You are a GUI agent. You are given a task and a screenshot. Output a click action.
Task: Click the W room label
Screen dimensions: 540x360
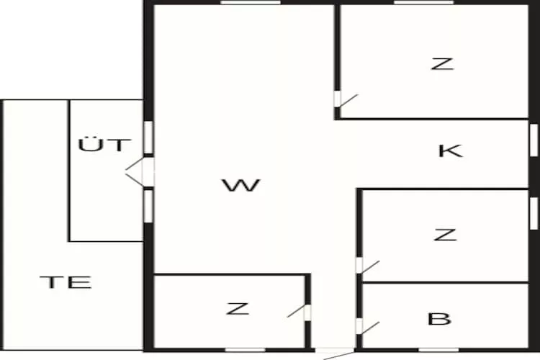240,185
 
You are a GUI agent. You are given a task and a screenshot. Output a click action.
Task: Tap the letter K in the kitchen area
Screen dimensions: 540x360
451,151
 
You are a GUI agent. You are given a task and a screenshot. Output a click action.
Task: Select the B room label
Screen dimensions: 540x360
439,319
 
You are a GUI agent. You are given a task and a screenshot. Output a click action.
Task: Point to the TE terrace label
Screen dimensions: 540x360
66,282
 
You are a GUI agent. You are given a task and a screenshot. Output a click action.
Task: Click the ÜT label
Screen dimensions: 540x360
104,145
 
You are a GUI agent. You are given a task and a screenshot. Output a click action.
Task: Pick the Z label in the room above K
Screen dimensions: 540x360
443,64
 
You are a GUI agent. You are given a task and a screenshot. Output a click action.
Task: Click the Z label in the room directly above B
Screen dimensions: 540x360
445,235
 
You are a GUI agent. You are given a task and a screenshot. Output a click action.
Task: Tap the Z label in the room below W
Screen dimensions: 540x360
238,308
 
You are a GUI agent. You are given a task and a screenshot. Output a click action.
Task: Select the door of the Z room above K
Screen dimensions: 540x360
346,99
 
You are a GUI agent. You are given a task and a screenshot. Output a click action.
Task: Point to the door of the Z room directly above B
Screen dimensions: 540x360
368,266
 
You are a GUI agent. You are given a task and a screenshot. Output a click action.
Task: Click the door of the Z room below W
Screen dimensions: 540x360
299,312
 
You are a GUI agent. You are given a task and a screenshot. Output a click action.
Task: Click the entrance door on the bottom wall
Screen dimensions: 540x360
335,354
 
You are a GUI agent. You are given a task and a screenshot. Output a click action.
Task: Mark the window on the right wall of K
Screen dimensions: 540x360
534,140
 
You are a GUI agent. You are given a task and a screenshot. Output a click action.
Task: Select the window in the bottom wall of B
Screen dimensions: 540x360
438,350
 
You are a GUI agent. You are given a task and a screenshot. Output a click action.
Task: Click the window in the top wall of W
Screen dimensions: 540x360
251,2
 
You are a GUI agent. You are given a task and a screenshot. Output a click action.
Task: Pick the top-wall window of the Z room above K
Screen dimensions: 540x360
424,2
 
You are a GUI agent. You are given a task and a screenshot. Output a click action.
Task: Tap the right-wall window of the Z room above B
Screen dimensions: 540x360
534,213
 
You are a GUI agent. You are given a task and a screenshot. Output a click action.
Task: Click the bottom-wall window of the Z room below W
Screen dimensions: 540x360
246,350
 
